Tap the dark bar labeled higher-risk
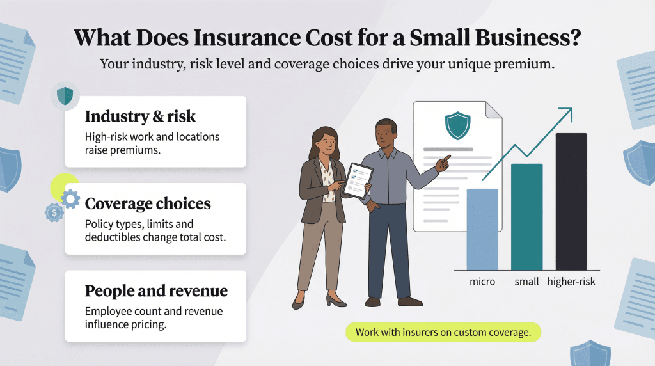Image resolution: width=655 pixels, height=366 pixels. coord(571,201)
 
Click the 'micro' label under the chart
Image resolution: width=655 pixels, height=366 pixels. coord(482,282)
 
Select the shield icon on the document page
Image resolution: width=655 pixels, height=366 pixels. coord(458,126)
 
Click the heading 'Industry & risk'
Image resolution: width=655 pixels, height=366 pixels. coord(140,117)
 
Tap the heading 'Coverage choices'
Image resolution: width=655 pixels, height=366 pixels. coord(148,203)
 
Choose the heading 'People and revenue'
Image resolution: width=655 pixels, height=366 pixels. coord(156,290)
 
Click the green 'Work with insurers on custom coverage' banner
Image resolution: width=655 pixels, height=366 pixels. coord(443,333)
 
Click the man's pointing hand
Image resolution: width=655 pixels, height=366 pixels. coord(441,162)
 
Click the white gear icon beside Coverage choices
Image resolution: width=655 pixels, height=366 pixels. coord(71,200)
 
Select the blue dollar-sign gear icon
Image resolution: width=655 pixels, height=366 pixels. coord(54,212)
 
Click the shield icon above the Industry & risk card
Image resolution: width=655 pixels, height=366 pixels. coord(65,96)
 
